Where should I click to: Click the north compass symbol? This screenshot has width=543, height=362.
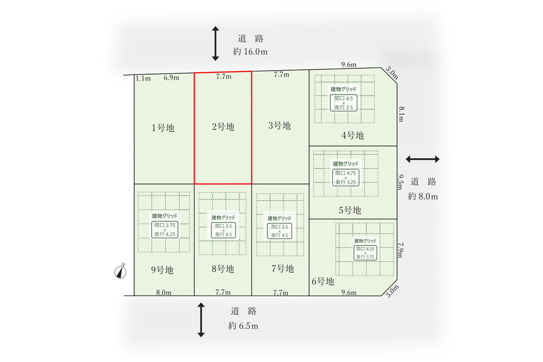point(120,271)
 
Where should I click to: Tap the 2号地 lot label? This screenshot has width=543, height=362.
point(223,127)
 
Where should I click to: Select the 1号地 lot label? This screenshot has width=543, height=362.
point(163,128)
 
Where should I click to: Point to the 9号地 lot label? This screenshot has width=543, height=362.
point(162,270)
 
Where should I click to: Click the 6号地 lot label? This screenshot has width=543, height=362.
point(323,281)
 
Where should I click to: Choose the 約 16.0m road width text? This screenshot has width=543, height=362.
point(250,52)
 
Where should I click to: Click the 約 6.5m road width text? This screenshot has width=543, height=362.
point(243,326)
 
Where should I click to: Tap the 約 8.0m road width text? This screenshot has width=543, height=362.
point(423,196)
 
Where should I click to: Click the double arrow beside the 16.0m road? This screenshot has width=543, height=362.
point(215,43)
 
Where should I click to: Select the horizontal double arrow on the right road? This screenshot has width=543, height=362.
point(423,159)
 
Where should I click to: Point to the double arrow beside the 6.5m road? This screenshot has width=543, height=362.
point(201,320)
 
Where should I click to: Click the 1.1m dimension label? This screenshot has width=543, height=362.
point(143,79)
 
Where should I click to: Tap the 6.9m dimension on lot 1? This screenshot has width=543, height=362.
point(171,78)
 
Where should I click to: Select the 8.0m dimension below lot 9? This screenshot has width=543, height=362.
point(164,292)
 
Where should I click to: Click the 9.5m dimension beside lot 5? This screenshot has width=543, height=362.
point(400,182)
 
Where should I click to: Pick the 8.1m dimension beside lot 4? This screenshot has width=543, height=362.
point(401,114)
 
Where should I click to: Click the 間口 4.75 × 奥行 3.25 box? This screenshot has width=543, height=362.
point(345,178)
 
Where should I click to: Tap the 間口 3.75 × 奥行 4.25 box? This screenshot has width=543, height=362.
point(165,229)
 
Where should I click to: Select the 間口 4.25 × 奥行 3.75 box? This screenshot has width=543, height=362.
point(365,253)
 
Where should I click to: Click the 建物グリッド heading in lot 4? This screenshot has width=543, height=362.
point(343,89)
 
